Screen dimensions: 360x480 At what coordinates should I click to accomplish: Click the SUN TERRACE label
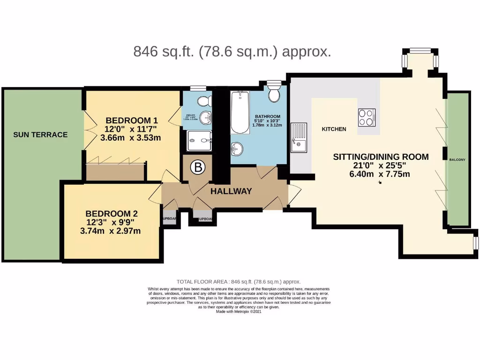(40, 135)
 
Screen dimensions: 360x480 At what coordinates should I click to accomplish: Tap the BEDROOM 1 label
(128, 120)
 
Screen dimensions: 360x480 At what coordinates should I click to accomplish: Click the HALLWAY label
(231, 191)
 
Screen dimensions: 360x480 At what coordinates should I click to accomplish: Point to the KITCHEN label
(334, 129)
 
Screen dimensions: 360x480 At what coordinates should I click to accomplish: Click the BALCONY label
(457, 160)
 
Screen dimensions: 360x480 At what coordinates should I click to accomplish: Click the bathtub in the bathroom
(240, 112)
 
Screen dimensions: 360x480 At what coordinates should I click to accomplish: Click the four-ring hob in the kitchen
(367, 117)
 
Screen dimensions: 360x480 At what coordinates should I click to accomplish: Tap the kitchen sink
(298, 138)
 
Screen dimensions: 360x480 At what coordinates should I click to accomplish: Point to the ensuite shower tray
(199, 141)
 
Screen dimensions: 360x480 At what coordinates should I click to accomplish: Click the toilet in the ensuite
(203, 101)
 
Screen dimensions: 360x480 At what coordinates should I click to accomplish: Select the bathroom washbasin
(237, 150)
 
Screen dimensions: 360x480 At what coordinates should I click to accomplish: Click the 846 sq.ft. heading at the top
(232, 52)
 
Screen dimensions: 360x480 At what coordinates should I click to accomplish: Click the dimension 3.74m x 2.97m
(110, 231)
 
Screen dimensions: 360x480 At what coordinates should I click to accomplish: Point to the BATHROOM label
(267, 117)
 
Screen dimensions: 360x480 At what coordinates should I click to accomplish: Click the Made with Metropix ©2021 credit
(239, 312)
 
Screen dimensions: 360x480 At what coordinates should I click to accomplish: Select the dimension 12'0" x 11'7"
(131, 129)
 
